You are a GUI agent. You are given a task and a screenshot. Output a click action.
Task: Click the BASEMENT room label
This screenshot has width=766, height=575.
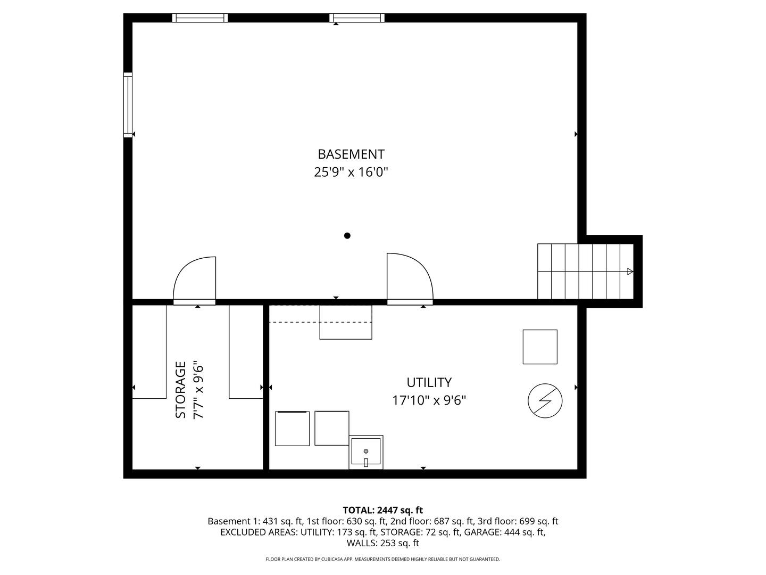(351, 154)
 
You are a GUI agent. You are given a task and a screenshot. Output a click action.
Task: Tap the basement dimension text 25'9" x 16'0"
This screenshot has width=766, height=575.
(351, 172)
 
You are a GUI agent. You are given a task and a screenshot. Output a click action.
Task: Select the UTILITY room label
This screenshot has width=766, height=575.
(429, 382)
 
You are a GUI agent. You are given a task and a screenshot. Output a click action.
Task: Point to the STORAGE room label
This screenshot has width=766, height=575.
(180, 390)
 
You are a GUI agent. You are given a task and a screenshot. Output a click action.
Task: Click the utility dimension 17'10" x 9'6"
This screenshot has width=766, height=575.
(429, 400)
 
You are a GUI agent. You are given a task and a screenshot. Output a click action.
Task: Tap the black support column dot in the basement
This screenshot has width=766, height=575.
(347, 236)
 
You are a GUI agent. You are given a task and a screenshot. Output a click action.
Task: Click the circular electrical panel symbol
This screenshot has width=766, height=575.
(545, 401)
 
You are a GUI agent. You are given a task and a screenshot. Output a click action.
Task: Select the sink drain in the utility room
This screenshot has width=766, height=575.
(366, 451)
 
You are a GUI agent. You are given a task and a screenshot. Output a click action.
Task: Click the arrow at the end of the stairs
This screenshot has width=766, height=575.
(630, 272)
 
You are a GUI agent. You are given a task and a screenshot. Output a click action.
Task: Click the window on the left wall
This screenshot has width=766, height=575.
(128, 105)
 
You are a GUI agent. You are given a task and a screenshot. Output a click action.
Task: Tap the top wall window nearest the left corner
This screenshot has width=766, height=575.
(200, 18)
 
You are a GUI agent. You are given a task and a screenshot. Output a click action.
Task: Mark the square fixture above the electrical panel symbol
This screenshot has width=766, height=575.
(540, 347)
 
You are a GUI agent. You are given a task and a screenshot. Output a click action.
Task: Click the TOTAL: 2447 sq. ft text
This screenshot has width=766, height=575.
(383, 510)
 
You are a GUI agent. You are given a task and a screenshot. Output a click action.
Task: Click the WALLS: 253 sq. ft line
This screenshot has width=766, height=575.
(383, 543)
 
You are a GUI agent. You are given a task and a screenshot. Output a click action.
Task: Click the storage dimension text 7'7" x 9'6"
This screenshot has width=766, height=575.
(198, 390)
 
